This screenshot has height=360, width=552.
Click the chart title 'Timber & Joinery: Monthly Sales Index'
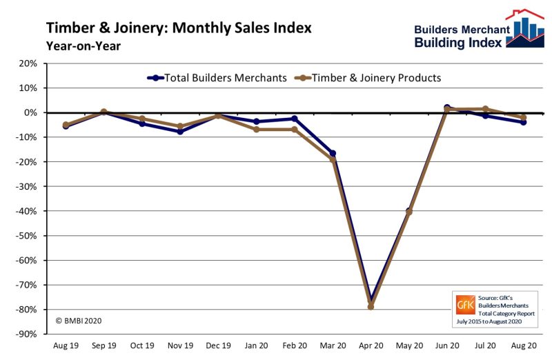[179, 28]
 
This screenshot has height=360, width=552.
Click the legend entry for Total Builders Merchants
[217, 78]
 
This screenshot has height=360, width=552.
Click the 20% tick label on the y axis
[28, 63]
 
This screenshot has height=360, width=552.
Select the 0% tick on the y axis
[30, 112]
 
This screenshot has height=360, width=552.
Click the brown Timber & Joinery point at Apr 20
[371, 306]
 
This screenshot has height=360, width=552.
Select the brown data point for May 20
[409, 212]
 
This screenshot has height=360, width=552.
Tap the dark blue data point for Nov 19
[180, 131]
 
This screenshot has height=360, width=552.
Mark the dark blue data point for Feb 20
[295, 119]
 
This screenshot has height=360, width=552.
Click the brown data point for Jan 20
[257, 129]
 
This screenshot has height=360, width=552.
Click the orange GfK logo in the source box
[464, 304]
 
